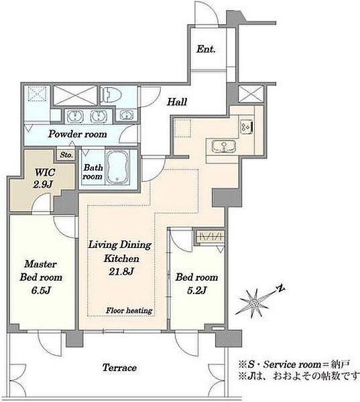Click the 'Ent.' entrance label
pos(206,49)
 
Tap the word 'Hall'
pos(177,102)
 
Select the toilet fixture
pos(111,94)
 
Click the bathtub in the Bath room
pos(117,167)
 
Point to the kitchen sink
pos(224,146)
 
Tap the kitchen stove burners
pos(247,127)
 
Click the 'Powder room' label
pos(78,134)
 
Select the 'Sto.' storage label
pos(66,155)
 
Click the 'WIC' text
pos(45,172)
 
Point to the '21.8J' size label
pos(121,271)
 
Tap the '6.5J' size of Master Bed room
pos(41,290)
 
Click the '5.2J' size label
pos(197,290)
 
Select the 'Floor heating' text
pos(129,310)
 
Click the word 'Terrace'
pos(119,368)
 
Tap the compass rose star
pos(254,304)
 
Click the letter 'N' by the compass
pos(281,288)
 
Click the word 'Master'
pos(40,264)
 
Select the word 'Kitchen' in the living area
pos(121,259)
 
